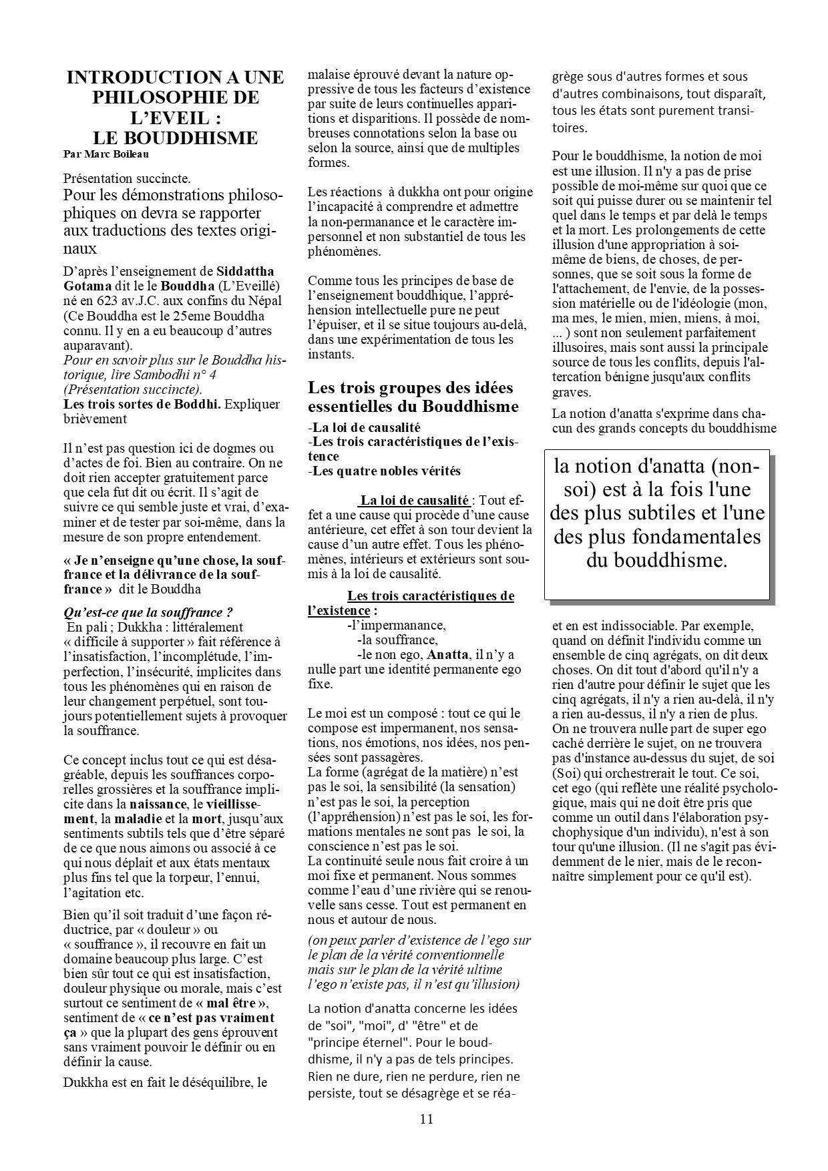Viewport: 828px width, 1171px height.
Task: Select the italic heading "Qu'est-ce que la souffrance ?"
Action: point(148,612)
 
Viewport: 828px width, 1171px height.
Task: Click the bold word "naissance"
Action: point(158,804)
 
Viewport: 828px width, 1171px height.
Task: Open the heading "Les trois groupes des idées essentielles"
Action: point(413,397)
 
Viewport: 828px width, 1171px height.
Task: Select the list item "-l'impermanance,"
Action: point(397,625)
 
